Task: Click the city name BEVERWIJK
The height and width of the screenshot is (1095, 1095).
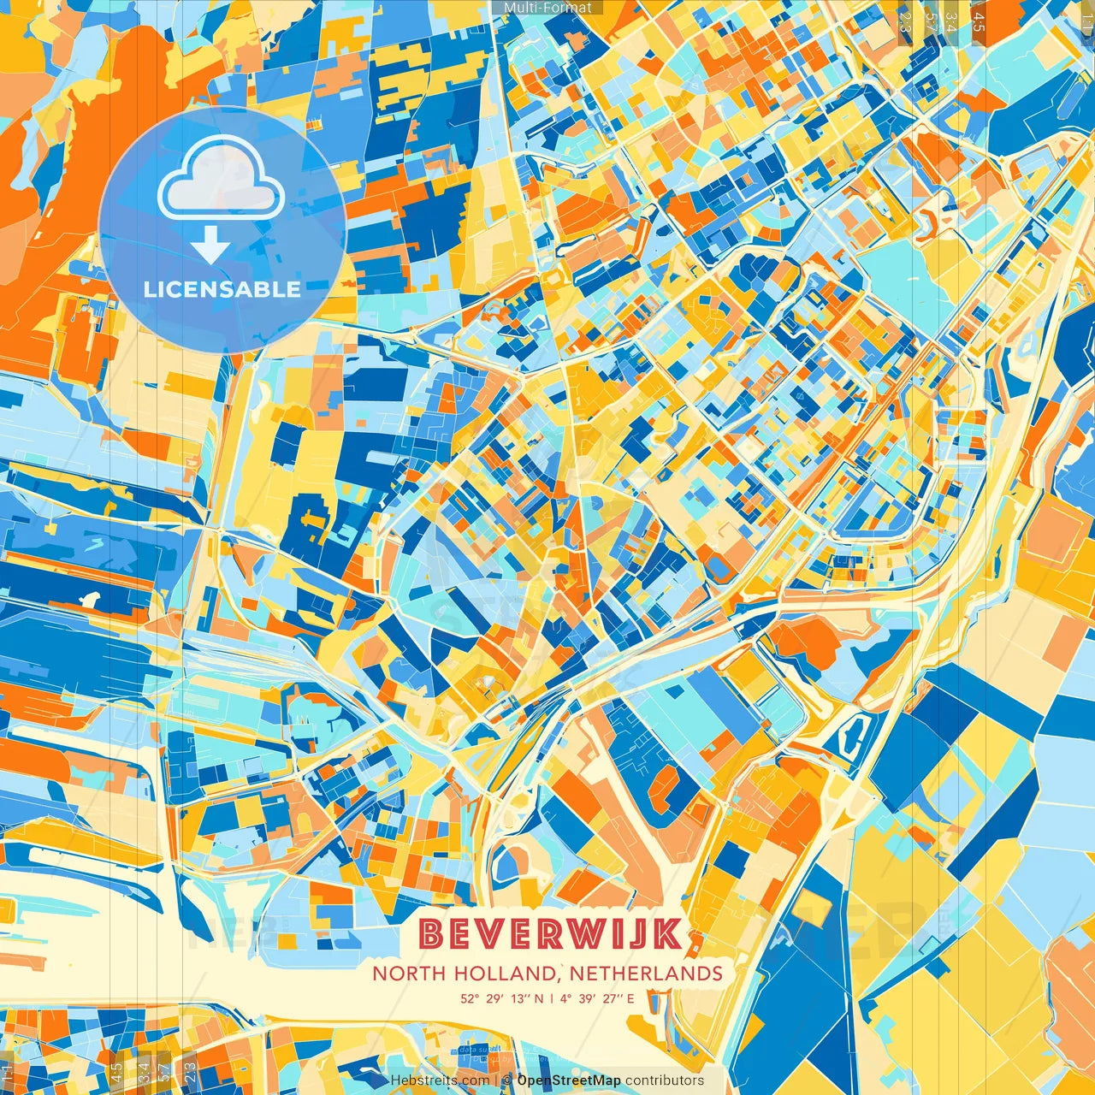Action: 552,933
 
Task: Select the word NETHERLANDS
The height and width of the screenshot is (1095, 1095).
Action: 647,973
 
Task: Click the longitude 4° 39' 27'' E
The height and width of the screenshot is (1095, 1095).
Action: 598,997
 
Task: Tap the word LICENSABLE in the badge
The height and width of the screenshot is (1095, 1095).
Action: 222,289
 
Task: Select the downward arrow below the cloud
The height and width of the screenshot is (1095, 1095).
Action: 210,248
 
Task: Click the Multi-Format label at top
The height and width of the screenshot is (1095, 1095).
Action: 547,8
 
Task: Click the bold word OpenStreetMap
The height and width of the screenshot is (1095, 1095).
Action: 569,1080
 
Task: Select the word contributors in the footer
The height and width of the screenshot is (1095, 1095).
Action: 665,1080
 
